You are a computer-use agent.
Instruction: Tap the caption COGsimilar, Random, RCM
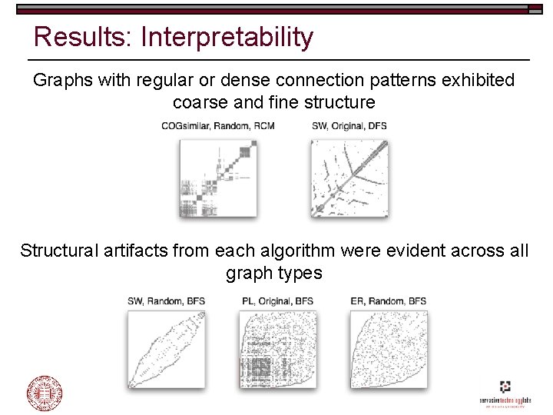click(x=217, y=126)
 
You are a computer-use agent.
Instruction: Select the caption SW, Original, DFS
click(x=349, y=126)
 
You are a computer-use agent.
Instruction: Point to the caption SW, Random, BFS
click(x=167, y=301)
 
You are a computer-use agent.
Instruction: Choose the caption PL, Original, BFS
click(x=277, y=301)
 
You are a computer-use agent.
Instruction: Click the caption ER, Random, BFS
click(x=387, y=301)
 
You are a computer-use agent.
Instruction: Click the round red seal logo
click(x=45, y=393)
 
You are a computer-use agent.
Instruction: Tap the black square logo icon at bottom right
click(x=504, y=387)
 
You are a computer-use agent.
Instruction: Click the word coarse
click(x=198, y=102)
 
